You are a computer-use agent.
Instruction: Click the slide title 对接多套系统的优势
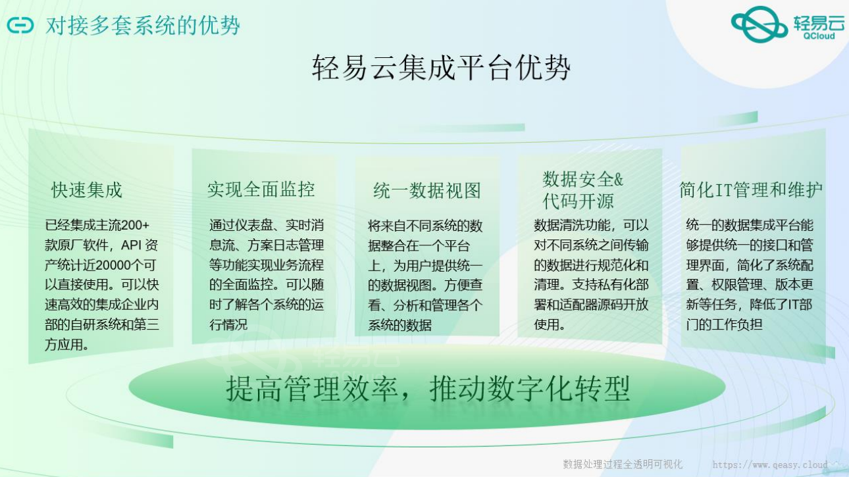pyautogui.click(x=143, y=26)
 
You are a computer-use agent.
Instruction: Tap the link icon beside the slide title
pyautogui.click(x=20, y=26)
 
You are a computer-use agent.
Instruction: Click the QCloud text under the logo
pyautogui.click(x=819, y=36)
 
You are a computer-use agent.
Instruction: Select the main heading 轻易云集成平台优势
pyautogui.click(x=441, y=68)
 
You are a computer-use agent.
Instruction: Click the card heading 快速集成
pyautogui.click(x=87, y=190)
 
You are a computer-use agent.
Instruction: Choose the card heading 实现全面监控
pyautogui.click(x=261, y=189)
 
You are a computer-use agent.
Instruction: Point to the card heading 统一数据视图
pyautogui.click(x=426, y=190)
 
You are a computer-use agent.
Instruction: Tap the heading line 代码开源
pyautogui.click(x=578, y=201)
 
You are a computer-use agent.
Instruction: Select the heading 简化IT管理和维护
pyautogui.click(x=750, y=189)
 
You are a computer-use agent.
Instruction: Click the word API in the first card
pyautogui.click(x=131, y=245)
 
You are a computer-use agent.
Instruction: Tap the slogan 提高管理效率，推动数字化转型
pyautogui.click(x=428, y=389)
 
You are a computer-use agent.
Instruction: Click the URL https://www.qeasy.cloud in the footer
pyautogui.click(x=770, y=464)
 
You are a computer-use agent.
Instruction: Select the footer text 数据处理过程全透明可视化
pyautogui.click(x=623, y=464)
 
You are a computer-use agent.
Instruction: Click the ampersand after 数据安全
pyautogui.click(x=618, y=180)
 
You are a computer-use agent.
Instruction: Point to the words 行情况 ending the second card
pyautogui.click(x=228, y=325)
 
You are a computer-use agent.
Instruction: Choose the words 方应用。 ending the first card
pyautogui.click(x=66, y=344)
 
